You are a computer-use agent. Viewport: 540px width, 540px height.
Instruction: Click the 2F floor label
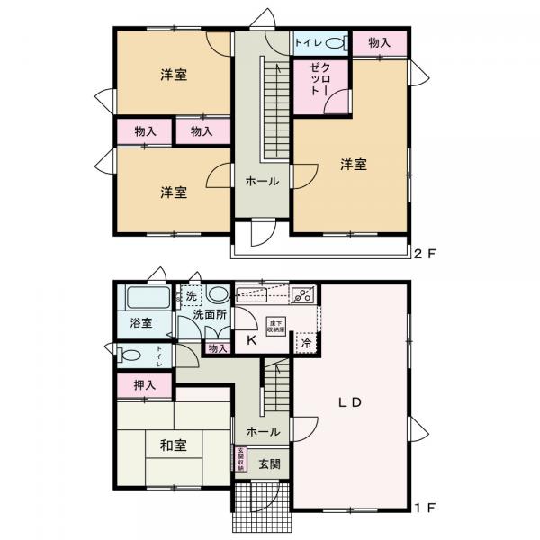424,254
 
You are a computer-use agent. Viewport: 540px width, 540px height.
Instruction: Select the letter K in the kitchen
251,340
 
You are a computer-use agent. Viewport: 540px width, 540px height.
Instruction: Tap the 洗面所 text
210,316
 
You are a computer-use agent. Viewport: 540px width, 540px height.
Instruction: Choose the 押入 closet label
145,385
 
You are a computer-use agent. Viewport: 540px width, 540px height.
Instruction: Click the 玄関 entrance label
269,464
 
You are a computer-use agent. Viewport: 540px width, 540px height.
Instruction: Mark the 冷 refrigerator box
307,343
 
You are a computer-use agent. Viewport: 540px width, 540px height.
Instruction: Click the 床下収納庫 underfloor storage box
275,330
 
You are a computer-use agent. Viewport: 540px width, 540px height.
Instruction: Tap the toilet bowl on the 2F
332,43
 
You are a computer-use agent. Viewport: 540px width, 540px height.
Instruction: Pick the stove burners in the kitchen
303,293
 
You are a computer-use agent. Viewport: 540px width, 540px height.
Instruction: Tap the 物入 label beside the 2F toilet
379,42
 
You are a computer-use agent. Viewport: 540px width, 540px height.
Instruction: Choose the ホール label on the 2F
262,181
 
